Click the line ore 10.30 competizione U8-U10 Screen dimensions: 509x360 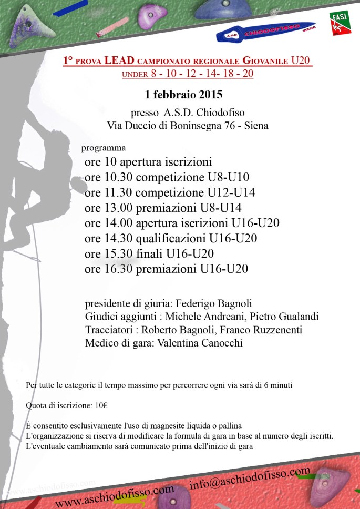coord(167,177)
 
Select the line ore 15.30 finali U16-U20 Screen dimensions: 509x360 coord(149,253)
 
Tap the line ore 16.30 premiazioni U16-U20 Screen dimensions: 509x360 coord(166,269)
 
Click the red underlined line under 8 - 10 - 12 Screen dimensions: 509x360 coord(188,74)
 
